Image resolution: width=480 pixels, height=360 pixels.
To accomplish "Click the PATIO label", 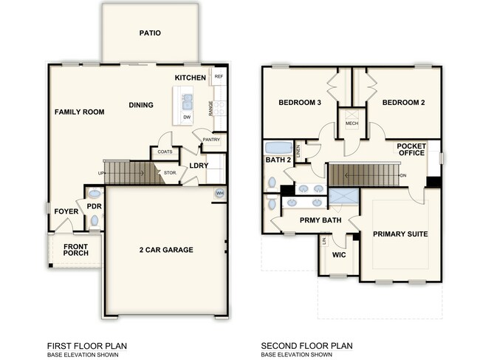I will [150, 33].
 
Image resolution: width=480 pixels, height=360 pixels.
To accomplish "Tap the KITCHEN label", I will [190, 78].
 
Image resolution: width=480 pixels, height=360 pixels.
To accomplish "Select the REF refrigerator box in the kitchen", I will [219, 77].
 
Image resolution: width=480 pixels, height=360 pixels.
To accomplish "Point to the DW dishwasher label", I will [187, 117].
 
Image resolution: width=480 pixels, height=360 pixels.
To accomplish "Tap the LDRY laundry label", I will [198, 166].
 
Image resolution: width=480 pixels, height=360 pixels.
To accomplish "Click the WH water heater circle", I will [219, 194].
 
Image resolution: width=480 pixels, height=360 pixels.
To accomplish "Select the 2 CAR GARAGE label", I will [165, 250].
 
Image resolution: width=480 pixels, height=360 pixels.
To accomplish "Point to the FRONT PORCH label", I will [76, 250].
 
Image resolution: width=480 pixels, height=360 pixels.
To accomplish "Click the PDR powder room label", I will [94, 206].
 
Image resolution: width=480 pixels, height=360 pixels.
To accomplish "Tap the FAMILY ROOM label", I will [79, 112].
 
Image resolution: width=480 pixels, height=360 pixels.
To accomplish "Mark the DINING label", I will [141, 105].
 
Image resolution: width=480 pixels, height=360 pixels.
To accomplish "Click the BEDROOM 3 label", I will [299, 103].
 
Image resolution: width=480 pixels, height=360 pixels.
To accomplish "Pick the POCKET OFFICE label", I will [411, 150].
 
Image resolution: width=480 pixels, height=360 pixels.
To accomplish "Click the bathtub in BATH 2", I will [278, 146].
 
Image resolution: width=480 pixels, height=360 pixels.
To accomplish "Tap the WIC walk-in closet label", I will [340, 255].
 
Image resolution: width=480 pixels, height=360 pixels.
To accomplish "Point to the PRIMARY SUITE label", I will [400, 234].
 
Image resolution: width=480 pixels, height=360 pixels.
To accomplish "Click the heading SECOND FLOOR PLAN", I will [307, 345].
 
